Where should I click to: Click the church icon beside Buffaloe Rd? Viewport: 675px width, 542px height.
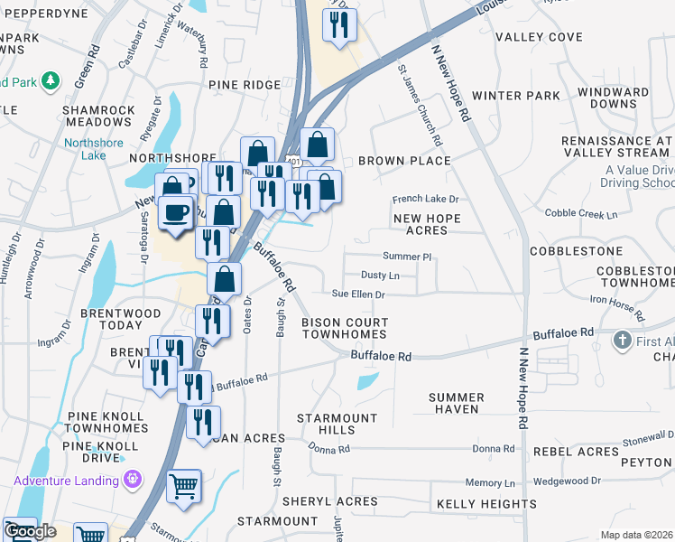tap(621, 341)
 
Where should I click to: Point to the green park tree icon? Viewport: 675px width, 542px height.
tap(51, 81)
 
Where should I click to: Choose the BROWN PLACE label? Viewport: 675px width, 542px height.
tap(404, 161)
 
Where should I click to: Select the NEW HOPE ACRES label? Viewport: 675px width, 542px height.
tap(427, 225)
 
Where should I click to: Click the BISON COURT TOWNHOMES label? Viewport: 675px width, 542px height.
tap(345, 329)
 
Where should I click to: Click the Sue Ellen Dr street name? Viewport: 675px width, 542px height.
tap(358, 294)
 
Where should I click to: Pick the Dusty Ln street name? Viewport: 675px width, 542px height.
tap(380, 275)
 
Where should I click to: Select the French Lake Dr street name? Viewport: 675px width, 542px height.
tap(425, 199)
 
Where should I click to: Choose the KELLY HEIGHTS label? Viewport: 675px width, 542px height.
tap(486, 503)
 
